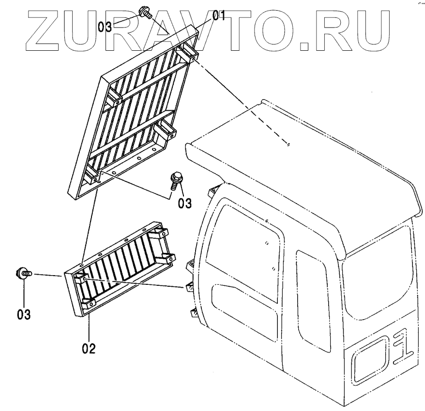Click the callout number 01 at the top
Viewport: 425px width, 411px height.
pos(219,16)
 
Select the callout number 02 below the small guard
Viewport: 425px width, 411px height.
pos(89,347)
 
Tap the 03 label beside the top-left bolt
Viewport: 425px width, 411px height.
pos(105,26)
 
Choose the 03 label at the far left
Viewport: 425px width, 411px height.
pos(23,314)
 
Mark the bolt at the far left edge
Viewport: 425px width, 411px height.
pos(23,274)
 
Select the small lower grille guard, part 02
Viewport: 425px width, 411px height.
pos(121,271)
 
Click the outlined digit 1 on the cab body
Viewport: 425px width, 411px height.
pos(403,355)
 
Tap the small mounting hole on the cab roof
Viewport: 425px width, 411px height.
pos(288,144)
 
